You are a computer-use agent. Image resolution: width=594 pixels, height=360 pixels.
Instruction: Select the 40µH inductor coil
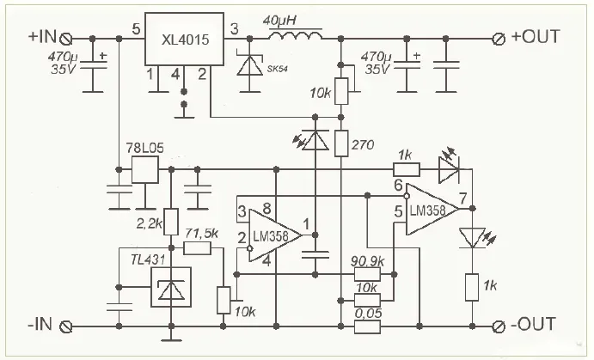coord(295,35)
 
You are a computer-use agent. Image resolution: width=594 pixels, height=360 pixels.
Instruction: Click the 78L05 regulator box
coord(142,169)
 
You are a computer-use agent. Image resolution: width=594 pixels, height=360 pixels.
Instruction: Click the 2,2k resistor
coord(170,223)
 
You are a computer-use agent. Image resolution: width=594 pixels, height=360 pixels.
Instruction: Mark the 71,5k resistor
coord(198,248)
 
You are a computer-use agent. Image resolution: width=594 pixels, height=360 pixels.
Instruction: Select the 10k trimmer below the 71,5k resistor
coord(224,299)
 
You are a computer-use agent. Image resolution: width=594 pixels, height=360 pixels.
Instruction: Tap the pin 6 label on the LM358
coord(398,186)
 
